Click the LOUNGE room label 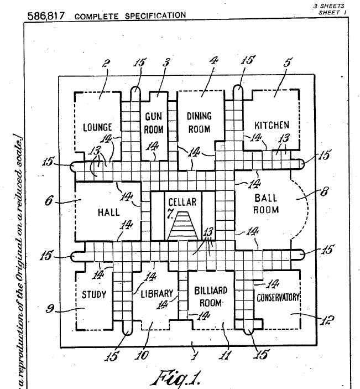97,127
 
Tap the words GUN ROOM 154,123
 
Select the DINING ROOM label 199,122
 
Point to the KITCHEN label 272,125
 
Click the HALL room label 108,212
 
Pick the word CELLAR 182,201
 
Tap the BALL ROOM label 266,203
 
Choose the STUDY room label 94,294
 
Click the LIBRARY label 156,293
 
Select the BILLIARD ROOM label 210,296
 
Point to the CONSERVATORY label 278,297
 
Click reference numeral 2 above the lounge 106,64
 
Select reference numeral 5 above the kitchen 286,63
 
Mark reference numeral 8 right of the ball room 324,193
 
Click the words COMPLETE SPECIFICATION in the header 130,15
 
